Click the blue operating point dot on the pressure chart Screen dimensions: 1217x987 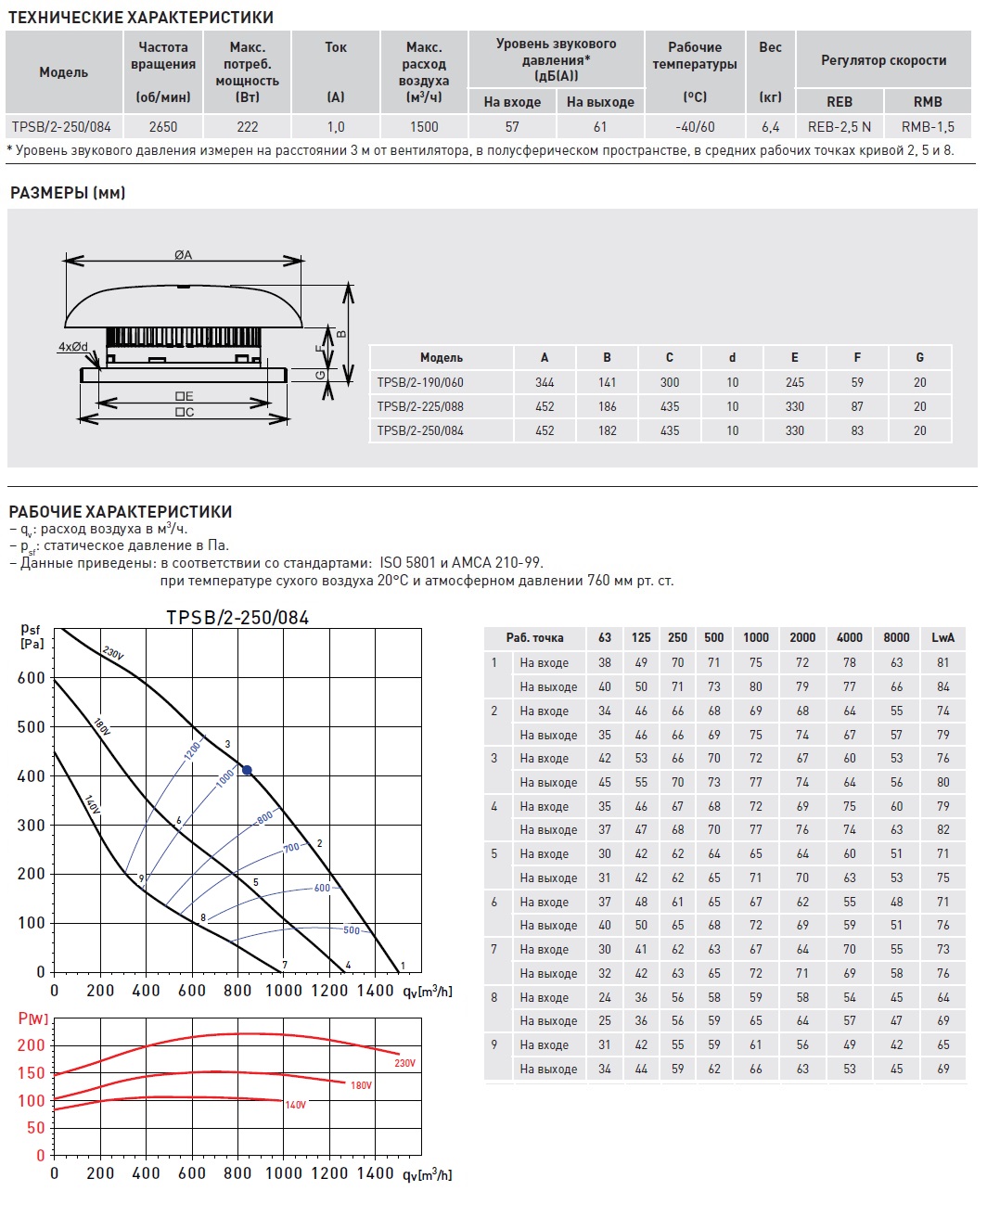tap(247, 770)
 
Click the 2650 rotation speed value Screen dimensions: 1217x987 tap(162, 127)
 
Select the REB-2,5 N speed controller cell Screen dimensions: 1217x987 tap(840, 127)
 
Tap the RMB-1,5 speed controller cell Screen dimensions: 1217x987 tap(928, 127)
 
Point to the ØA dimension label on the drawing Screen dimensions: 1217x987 tap(184, 255)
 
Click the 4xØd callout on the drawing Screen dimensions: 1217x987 tap(73, 347)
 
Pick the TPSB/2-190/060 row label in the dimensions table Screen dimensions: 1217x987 tap(420, 382)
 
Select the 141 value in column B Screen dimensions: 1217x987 tap(608, 382)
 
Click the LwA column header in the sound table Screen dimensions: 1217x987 tap(942, 637)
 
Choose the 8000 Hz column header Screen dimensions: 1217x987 tap(896, 637)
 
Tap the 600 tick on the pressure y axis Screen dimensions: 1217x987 tap(31, 678)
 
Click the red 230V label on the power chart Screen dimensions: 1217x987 tap(405, 1063)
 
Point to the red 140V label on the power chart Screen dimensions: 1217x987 tap(295, 1105)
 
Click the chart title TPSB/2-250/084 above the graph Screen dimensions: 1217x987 tap(237, 618)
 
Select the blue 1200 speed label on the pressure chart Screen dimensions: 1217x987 tap(193, 749)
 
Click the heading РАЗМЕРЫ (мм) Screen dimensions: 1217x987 tap(68, 193)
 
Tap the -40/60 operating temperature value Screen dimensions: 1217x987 tap(695, 127)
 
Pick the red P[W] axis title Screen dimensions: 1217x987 tap(33, 1018)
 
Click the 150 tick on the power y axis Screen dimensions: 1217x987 tap(31, 1073)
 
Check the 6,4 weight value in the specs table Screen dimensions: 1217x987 tap(770, 127)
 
